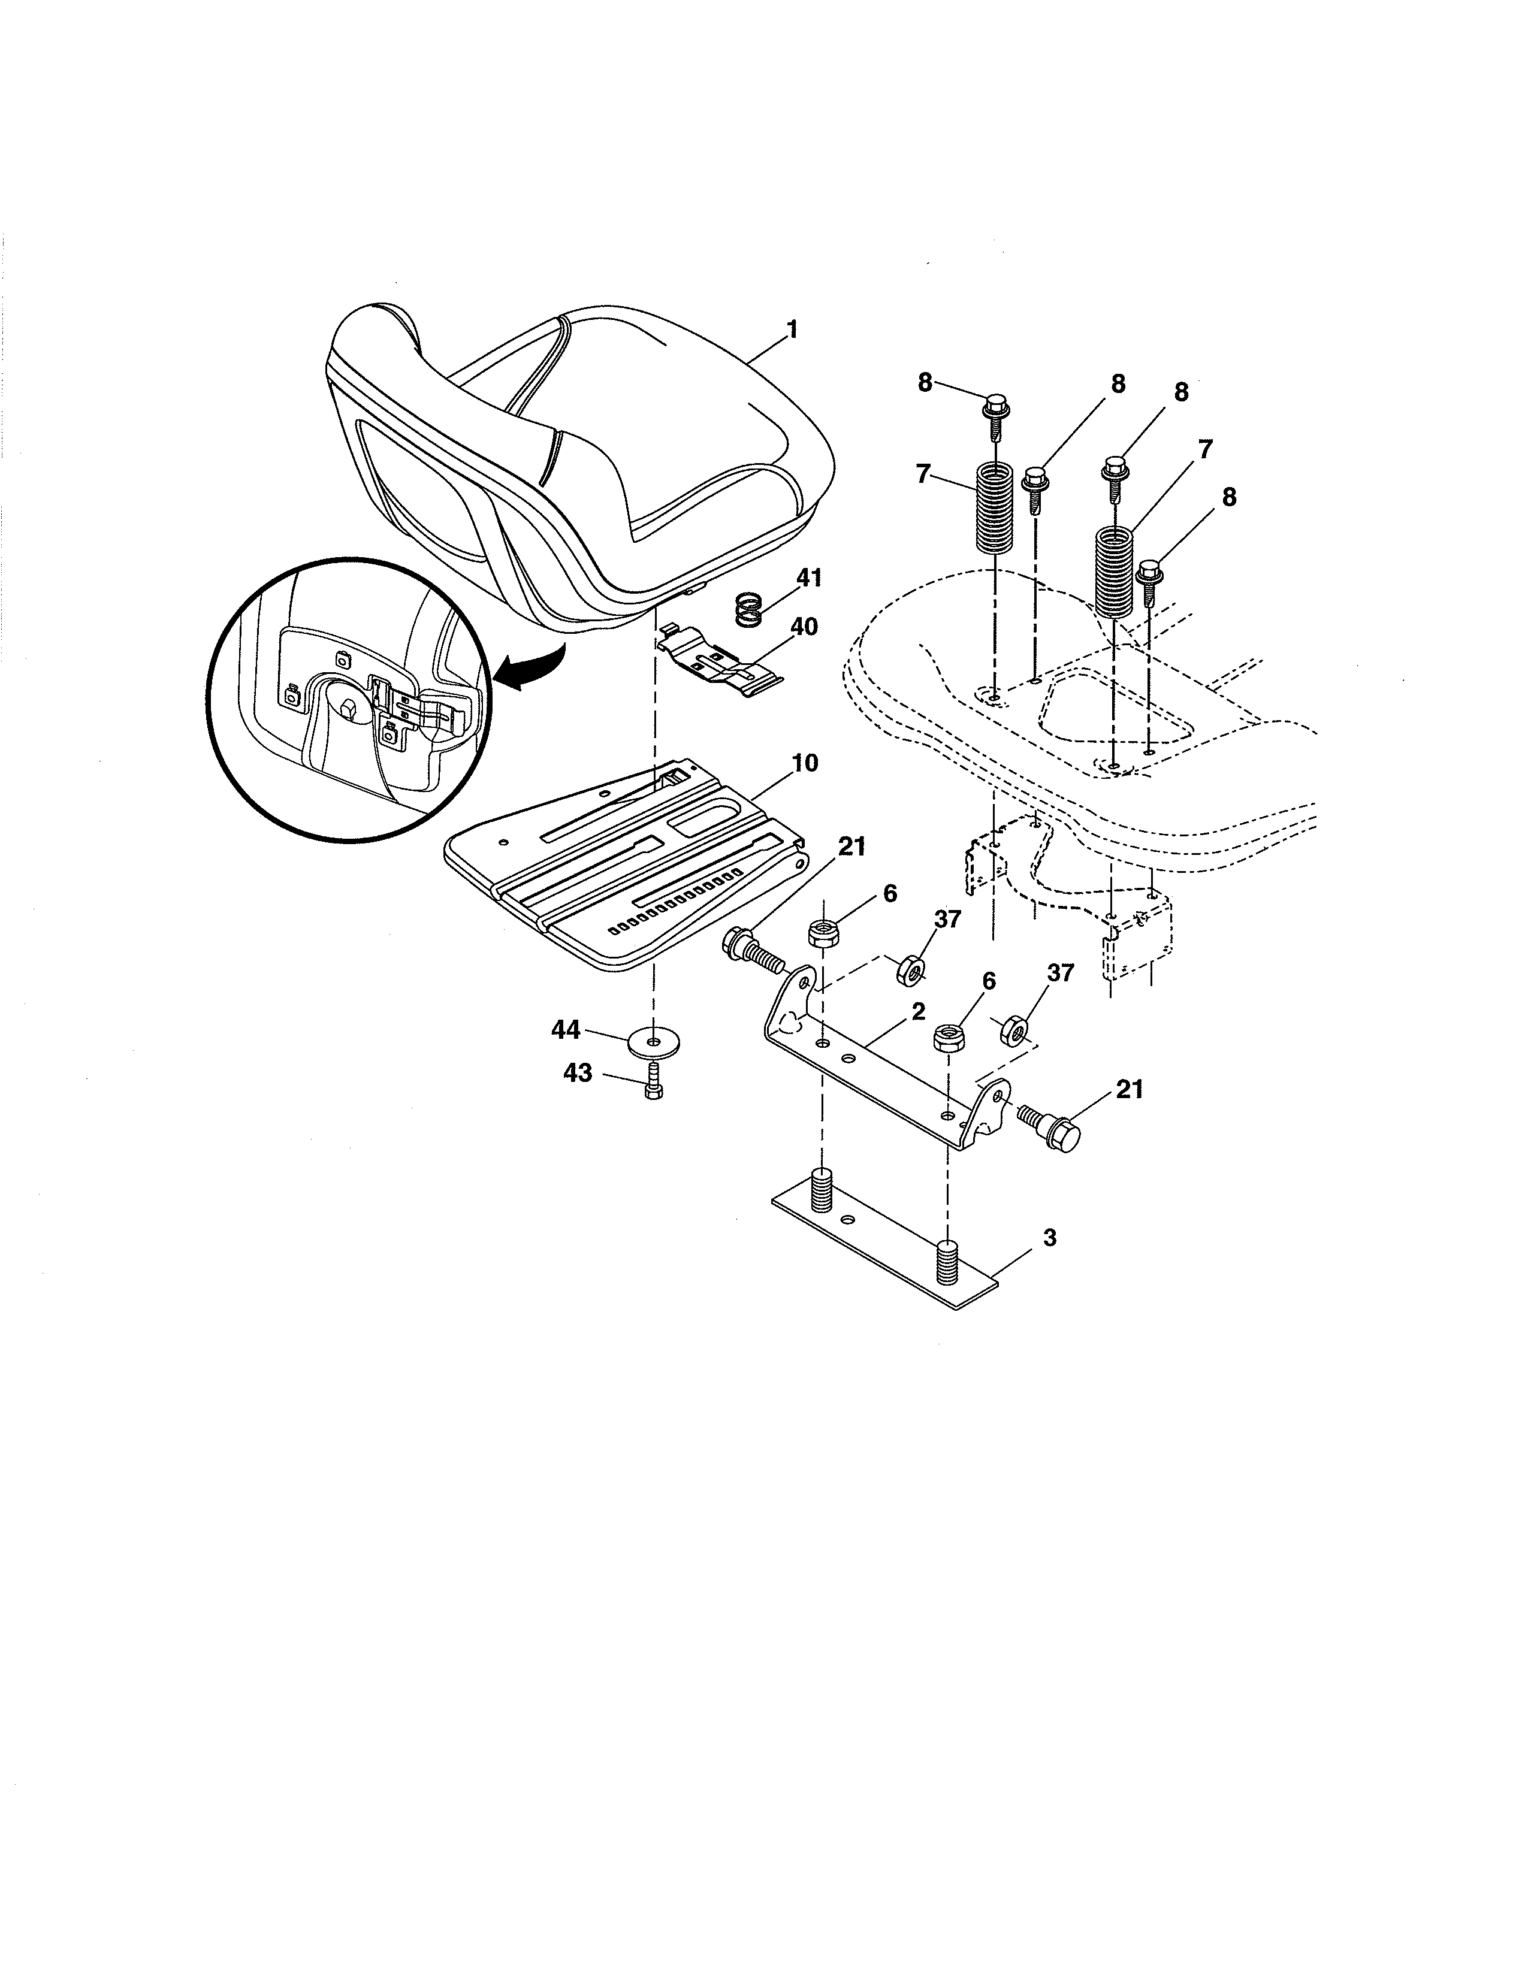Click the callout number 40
coord(804,627)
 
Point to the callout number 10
coord(805,763)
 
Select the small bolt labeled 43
coord(653,1082)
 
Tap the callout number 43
coord(578,1074)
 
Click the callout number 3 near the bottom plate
coord(1050,1238)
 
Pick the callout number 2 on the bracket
coord(918,1012)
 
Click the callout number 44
coord(567,1029)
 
